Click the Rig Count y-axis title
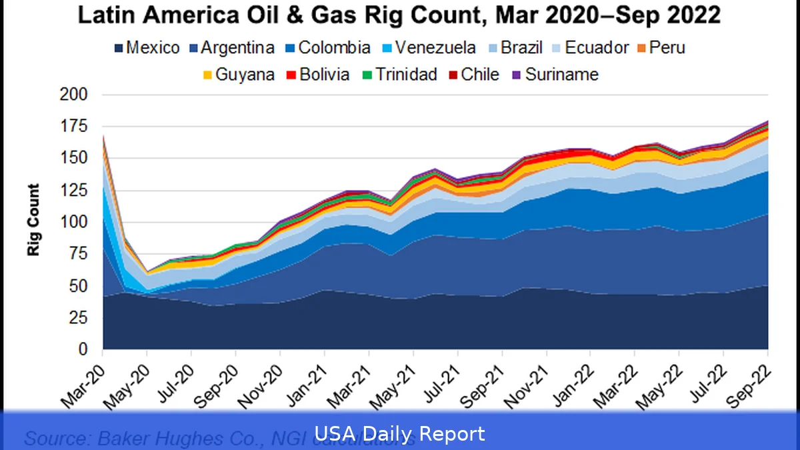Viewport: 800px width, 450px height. click(33, 220)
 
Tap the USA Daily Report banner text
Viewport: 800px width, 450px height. click(400, 434)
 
